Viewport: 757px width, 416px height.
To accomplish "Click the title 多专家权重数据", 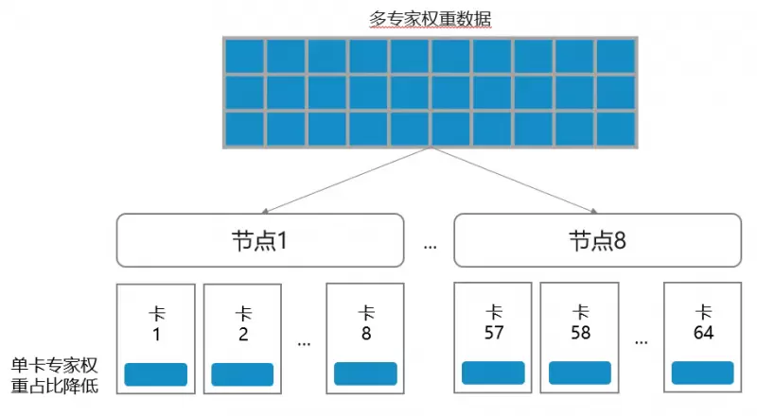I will coord(431,19).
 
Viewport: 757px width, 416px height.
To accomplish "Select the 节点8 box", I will coord(597,240).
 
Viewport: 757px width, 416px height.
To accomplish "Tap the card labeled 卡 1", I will coord(155,336).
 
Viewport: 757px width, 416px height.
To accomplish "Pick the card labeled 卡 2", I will coord(242,336).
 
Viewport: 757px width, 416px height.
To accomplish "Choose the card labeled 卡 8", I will coord(365,336).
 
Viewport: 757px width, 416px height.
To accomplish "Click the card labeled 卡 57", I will coord(493,336).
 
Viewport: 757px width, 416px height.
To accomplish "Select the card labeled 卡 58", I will coord(580,336).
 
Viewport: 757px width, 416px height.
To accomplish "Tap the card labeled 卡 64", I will coord(703,336).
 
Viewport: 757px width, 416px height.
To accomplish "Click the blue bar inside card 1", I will coord(156,374).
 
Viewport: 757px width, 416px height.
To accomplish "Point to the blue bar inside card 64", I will coord(703,373).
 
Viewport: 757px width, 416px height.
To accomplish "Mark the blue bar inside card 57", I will coord(493,373).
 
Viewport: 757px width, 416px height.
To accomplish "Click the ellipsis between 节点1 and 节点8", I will coord(431,245).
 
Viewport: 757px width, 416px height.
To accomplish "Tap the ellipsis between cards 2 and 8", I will coord(304,342).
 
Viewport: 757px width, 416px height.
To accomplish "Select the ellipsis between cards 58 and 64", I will coord(642,342).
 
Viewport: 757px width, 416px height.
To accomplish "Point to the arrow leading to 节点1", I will coord(345,181).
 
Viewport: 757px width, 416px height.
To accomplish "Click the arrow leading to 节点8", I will coord(516,181).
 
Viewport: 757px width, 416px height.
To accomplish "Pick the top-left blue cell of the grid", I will coord(244,56).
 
